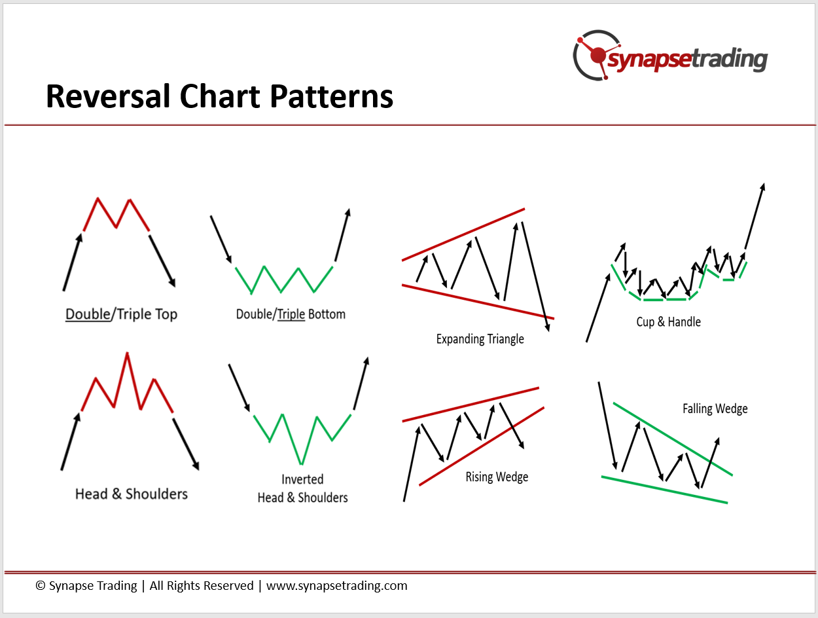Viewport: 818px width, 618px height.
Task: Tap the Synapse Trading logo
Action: coord(669,56)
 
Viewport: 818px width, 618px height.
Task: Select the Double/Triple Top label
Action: coord(121,314)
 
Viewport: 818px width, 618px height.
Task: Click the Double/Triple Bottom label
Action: coord(291,314)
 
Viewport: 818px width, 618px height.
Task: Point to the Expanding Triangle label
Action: coord(480,339)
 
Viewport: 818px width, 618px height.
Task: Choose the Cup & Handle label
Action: coord(668,321)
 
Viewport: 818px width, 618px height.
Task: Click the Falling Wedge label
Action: coord(715,409)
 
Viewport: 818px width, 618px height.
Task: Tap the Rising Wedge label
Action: coord(497,477)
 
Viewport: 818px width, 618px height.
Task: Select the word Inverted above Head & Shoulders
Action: coord(302,479)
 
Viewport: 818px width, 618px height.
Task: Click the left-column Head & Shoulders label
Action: coord(131,494)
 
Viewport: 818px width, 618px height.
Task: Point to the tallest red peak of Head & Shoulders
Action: coord(127,353)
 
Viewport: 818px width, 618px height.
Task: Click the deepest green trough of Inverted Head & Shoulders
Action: coord(301,463)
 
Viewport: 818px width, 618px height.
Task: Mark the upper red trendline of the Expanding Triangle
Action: coord(463,234)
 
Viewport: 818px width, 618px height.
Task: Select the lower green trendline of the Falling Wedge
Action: coord(664,490)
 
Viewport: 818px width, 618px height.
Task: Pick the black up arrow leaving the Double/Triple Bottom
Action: coord(343,235)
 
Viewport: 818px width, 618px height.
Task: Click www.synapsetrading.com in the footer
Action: coord(336,585)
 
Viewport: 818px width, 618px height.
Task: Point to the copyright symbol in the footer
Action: coord(41,585)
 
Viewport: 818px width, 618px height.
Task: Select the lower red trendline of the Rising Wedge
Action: coord(482,446)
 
